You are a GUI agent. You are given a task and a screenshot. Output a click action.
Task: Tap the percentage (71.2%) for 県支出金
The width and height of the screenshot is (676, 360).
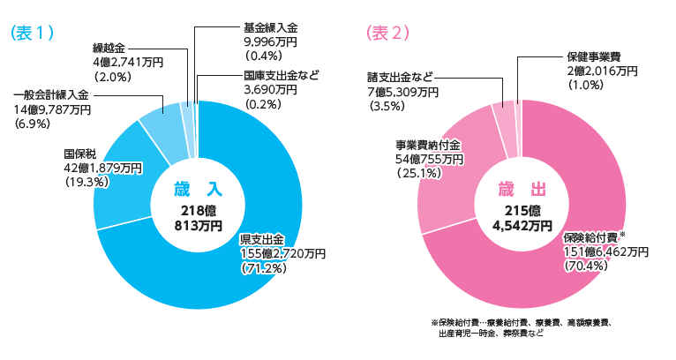[x=266, y=268]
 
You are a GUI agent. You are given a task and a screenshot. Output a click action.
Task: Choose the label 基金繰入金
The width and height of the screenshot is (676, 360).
[x=267, y=27]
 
